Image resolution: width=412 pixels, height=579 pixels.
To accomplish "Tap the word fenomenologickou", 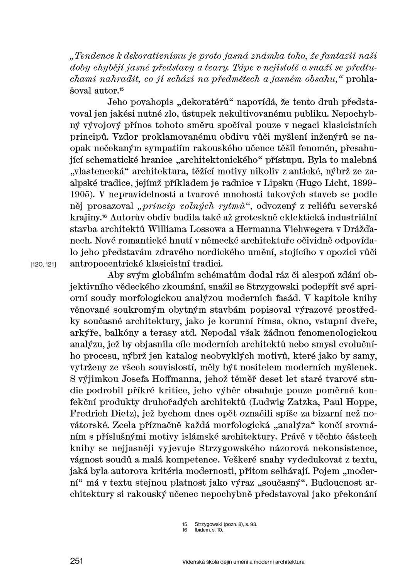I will pos(335,332).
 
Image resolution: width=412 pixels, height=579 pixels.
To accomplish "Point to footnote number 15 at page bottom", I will pos(184,524).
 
